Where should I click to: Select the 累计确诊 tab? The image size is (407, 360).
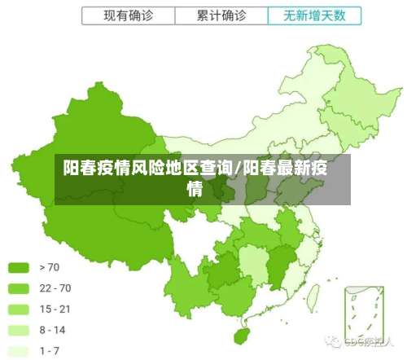pos(221,15)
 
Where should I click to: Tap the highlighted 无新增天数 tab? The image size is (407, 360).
pos(313,15)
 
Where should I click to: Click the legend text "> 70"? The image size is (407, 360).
pos(50,267)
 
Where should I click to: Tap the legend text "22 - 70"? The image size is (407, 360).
pos(55,288)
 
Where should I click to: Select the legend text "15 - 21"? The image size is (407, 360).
pos(55,310)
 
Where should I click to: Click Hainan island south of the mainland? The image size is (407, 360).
pos(241,335)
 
